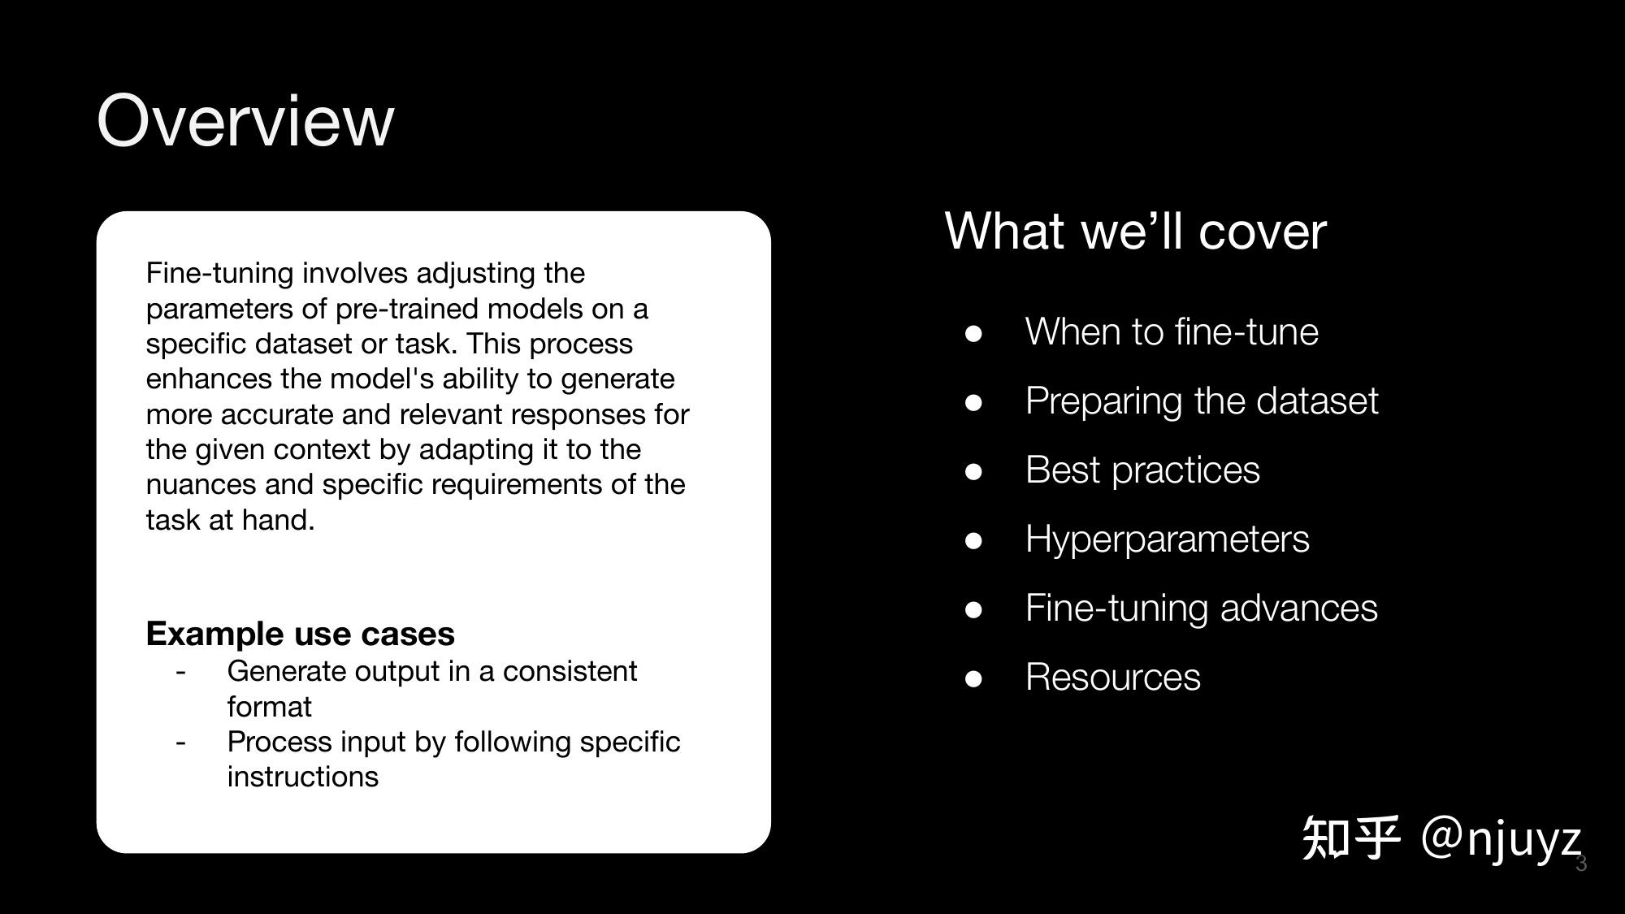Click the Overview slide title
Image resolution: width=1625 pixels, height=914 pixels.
pos(245,120)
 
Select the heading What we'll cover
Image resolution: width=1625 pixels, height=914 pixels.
pos(1135,231)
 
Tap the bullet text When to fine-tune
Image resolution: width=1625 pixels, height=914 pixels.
pos(1172,331)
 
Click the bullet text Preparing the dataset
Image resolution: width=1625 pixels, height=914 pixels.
pos(1202,401)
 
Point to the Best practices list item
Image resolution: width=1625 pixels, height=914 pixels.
pos(1142,470)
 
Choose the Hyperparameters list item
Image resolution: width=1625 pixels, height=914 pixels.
pos(1168,539)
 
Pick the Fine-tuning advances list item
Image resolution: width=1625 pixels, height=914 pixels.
pos(1202,609)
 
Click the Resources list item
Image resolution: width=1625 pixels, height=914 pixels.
pos(1113,678)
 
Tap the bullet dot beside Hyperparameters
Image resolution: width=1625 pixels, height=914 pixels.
pos(973,541)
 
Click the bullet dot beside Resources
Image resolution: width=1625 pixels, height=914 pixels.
pos(973,679)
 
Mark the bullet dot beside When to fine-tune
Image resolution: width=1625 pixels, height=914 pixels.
pos(973,334)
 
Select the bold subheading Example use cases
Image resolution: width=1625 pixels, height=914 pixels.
pos(301,634)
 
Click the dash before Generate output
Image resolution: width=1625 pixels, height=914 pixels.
pos(180,673)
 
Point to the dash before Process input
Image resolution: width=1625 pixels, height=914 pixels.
pos(180,743)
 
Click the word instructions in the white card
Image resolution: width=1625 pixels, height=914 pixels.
pos(303,777)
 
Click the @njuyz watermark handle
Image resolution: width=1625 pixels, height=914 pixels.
pos(1501,838)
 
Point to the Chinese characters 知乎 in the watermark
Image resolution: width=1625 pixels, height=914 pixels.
pos(1351,838)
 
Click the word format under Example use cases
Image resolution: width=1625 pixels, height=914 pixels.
pos(269,707)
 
